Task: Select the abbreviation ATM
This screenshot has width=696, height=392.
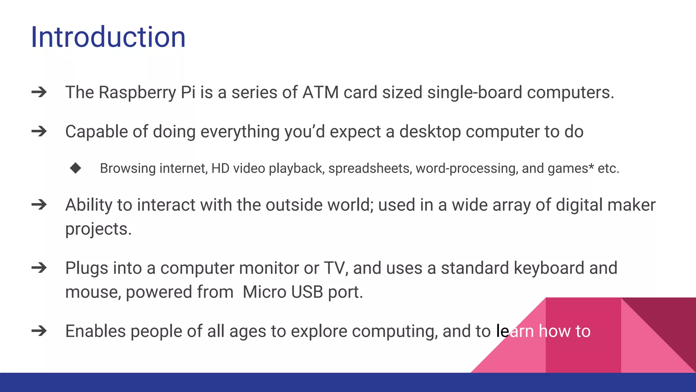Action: point(320,93)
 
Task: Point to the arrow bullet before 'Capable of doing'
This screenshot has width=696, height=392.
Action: point(39,131)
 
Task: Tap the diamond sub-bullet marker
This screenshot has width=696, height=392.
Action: point(75,168)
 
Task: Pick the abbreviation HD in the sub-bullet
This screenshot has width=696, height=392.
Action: point(220,168)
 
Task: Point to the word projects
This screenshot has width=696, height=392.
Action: point(98,229)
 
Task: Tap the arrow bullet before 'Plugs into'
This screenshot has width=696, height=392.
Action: point(39,268)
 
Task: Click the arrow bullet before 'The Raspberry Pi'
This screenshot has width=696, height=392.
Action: point(39,92)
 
